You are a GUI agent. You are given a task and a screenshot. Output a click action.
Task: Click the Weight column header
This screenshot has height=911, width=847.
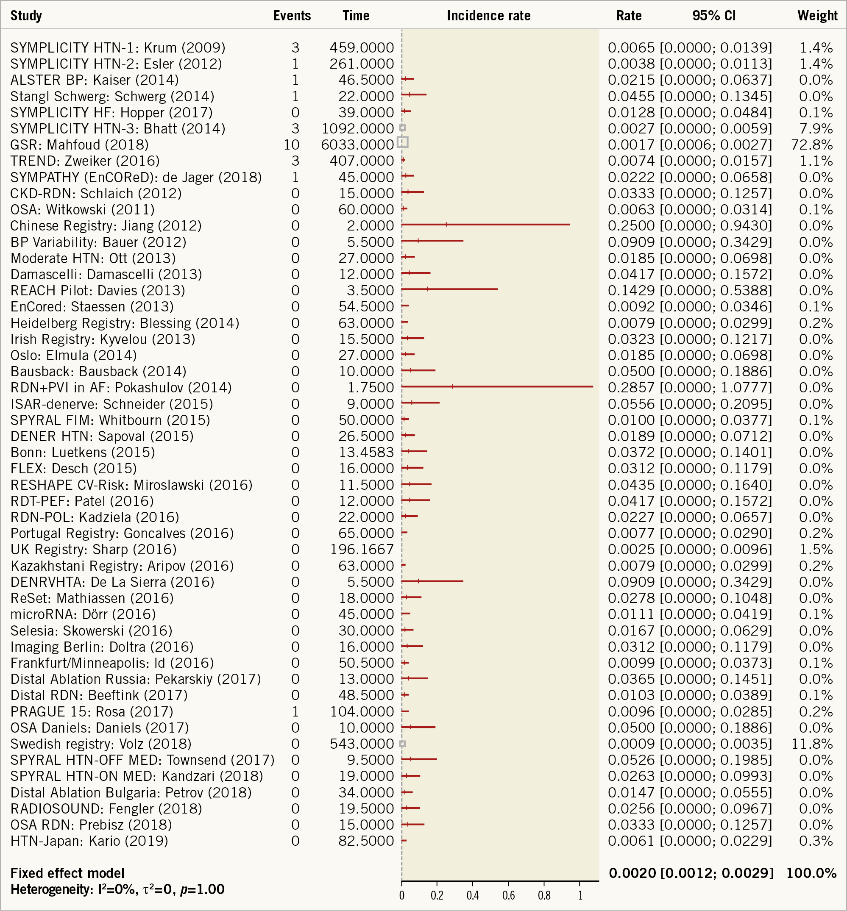pyautogui.click(x=817, y=16)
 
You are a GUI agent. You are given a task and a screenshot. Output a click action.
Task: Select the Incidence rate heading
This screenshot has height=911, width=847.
pyautogui.click(x=489, y=16)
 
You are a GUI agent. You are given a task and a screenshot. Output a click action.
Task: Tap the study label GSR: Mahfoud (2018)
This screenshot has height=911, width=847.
pyautogui.click(x=79, y=145)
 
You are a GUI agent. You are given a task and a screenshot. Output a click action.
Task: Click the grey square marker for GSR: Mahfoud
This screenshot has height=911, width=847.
pyautogui.click(x=402, y=142)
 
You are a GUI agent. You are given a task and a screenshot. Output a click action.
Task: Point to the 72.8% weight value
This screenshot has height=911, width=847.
pyautogui.click(x=812, y=145)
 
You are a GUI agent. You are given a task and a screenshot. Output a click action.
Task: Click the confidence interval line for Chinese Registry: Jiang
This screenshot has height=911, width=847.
pyautogui.click(x=485, y=225)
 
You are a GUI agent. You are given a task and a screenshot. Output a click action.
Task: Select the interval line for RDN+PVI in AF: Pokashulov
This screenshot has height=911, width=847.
pyautogui.click(x=497, y=386)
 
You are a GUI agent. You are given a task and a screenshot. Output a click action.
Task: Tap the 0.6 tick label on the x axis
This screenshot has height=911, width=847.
pyautogui.click(x=508, y=895)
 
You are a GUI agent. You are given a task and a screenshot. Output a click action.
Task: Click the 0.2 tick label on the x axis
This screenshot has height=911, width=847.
pyautogui.click(x=437, y=895)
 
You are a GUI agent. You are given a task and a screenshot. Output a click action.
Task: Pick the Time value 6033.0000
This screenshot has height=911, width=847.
pyautogui.click(x=357, y=145)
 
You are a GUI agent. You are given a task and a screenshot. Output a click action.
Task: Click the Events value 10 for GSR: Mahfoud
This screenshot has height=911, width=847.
pyautogui.click(x=292, y=145)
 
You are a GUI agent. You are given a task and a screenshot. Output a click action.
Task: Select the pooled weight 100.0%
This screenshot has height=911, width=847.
pyautogui.click(x=811, y=873)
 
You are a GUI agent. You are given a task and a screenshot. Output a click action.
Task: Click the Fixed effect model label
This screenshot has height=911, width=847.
pyautogui.click(x=67, y=873)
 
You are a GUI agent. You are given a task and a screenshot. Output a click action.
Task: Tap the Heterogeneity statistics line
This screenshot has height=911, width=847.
pyautogui.click(x=117, y=889)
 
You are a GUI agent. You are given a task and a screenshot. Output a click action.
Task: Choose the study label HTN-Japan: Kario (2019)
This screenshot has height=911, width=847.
pyautogui.click(x=89, y=841)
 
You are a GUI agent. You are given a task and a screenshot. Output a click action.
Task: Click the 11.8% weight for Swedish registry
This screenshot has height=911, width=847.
pyautogui.click(x=812, y=744)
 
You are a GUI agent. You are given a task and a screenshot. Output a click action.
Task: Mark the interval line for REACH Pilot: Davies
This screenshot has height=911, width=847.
pyautogui.click(x=449, y=289)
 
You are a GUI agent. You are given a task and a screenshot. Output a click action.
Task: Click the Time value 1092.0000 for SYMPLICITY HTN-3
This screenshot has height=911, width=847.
pyautogui.click(x=357, y=129)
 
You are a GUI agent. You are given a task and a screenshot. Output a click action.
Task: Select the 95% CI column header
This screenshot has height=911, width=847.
pyautogui.click(x=713, y=16)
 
